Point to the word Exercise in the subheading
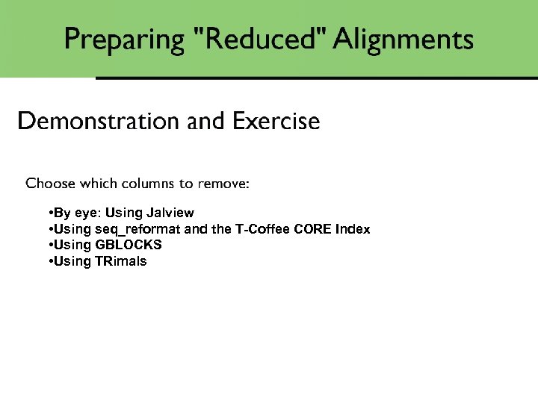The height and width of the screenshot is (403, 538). (x=276, y=121)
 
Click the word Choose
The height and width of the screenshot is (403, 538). (x=50, y=183)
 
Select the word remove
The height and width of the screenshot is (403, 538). (x=221, y=183)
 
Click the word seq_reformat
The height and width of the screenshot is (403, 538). (x=137, y=229)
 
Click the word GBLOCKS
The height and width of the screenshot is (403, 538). (x=129, y=245)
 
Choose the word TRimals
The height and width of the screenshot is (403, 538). (x=121, y=260)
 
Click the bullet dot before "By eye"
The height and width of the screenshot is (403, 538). (x=49, y=213)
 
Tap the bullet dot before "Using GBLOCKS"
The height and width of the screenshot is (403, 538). (x=49, y=245)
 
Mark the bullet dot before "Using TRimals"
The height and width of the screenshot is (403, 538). (x=49, y=260)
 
